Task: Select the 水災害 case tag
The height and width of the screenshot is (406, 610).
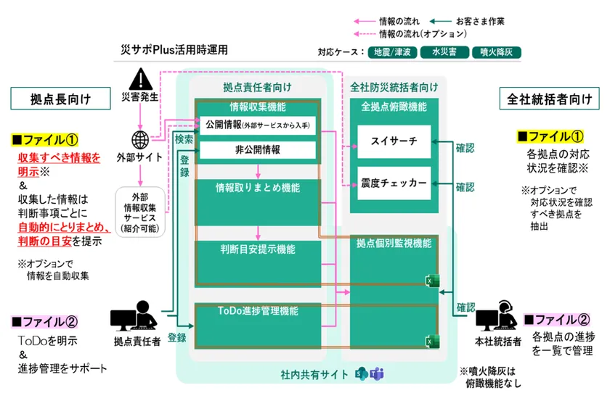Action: point(443,52)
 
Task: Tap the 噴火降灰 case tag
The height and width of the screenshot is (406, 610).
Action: point(493,52)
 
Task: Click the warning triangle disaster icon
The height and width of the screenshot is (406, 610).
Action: point(138,78)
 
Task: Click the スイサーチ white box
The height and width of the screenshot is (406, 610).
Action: point(394,141)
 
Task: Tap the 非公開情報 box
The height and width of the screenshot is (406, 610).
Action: point(258,150)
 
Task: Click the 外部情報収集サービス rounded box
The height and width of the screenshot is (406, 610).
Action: point(140,211)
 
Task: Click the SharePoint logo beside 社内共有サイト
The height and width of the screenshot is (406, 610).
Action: point(360,374)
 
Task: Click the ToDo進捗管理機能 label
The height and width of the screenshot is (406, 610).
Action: point(259,311)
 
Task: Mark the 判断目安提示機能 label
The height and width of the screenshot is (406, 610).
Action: point(258,249)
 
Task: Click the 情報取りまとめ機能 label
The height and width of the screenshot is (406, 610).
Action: point(259,188)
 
